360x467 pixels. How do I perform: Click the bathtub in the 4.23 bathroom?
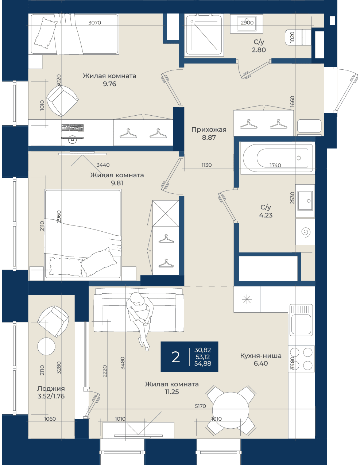[277, 158]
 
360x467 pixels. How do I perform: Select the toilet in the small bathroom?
[298, 37]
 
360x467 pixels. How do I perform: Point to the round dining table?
[231, 410]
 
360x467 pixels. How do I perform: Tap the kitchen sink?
[301, 320]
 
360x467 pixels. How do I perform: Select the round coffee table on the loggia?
[46, 346]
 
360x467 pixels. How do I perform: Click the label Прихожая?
[209, 130]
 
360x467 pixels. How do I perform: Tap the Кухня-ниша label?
[261, 356]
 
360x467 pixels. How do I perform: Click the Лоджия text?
[51, 388]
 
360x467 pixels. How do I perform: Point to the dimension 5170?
[200, 406]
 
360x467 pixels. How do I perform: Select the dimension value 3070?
[94, 23]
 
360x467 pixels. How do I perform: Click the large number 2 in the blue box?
[175, 358]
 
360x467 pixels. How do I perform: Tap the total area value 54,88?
[202, 363]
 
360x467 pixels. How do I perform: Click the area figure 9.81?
[117, 183]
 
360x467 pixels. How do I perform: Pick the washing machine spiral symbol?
[306, 232]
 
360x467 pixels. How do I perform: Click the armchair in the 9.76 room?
[62, 101]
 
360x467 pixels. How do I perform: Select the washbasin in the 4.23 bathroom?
[305, 201]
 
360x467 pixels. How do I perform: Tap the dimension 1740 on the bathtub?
[275, 165]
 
